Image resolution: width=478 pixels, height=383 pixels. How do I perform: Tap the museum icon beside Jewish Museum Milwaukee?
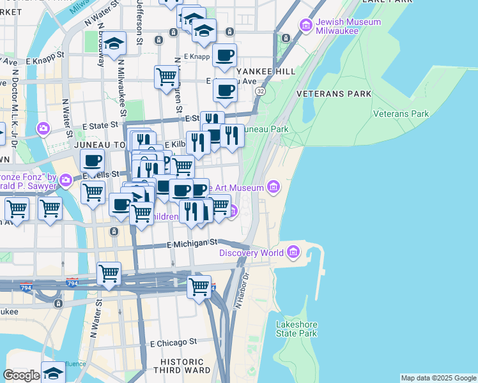point(305,26)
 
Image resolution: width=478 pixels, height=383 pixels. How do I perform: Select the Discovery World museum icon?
point(294,253)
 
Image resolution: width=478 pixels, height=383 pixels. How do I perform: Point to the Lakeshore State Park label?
point(297,329)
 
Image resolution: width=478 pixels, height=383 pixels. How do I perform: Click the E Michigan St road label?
point(192,243)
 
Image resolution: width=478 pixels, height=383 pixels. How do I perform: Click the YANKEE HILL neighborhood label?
point(264,71)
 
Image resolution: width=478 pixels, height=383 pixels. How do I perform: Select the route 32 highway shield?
point(260,92)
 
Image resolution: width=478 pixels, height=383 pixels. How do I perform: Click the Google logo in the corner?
point(21,375)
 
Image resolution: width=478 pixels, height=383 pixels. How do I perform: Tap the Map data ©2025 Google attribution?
point(438,378)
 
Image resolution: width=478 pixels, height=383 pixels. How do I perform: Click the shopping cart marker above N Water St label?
point(109,274)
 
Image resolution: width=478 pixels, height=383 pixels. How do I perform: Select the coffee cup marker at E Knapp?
point(224,56)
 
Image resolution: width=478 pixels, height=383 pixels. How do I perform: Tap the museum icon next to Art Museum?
point(274,186)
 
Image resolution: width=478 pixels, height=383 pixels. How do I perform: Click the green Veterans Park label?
point(401,114)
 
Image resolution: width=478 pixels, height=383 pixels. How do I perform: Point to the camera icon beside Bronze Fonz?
point(66,183)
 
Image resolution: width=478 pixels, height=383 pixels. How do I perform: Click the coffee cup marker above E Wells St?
point(92,161)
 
